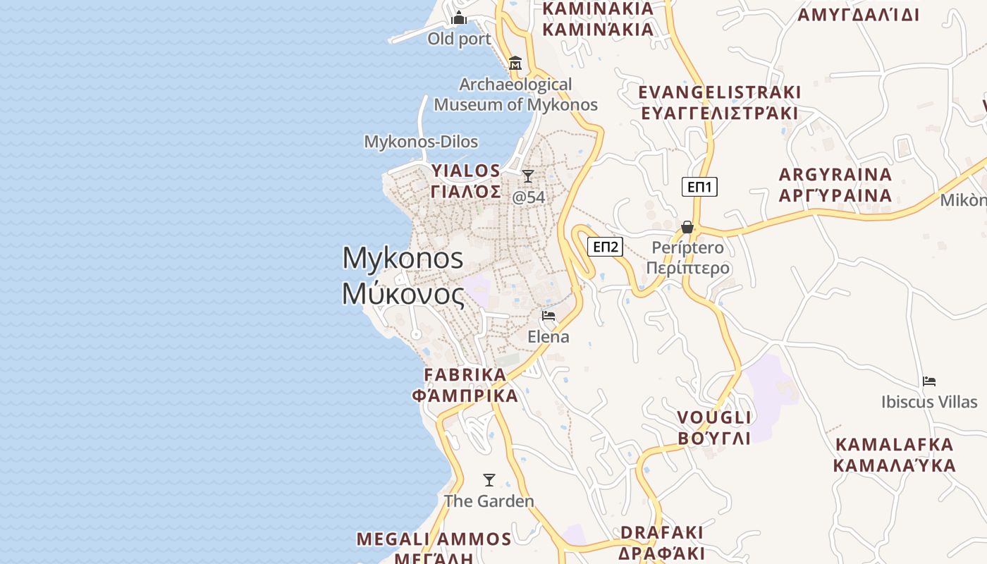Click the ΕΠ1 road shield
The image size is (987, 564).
click(x=699, y=187)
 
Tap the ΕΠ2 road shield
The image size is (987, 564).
click(x=606, y=247)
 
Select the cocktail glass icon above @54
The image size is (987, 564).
click(x=528, y=176)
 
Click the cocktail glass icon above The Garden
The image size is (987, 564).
click(x=489, y=480)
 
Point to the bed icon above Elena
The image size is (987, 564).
click(x=548, y=315)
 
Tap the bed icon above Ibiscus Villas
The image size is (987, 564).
click(x=929, y=381)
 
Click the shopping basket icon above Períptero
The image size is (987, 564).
click(x=687, y=227)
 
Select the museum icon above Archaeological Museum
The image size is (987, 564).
click(x=515, y=63)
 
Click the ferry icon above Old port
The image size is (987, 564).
click(x=459, y=18)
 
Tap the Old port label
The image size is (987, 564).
click(x=459, y=39)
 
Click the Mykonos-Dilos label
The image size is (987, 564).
click(x=421, y=142)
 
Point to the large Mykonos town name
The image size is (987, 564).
click(x=403, y=258)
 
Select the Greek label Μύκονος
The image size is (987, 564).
click(x=403, y=293)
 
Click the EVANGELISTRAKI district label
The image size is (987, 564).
click(x=719, y=92)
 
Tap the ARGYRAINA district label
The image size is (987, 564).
click(x=835, y=174)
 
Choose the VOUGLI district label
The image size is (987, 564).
click(x=713, y=417)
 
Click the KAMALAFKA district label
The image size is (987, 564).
click(x=894, y=445)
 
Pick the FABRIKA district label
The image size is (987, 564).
click(x=465, y=374)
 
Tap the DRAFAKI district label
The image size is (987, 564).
click(x=661, y=532)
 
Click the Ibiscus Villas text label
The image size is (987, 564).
click(x=929, y=402)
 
